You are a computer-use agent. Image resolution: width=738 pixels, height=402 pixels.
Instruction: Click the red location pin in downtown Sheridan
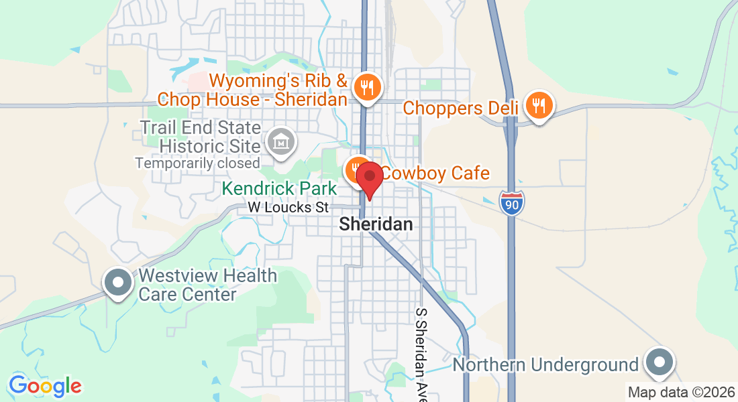click(x=369, y=178)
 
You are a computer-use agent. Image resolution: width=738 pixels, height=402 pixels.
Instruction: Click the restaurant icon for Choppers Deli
click(x=539, y=105)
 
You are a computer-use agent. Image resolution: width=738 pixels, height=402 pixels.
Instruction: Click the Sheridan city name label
click(x=376, y=224)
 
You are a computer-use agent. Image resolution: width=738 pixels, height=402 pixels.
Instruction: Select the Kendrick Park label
click(x=280, y=189)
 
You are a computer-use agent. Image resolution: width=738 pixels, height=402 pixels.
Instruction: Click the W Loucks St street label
click(x=288, y=208)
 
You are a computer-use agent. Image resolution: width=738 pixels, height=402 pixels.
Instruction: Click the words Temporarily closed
click(x=197, y=163)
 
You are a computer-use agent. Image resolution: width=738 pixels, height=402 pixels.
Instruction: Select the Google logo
click(x=45, y=386)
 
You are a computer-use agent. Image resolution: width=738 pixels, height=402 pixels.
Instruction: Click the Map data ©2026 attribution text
click(x=681, y=392)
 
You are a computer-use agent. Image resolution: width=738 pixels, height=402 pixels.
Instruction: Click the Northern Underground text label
click(x=545, y=365)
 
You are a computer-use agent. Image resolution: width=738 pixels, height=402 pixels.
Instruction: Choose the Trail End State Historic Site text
click(x=200, y=136)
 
